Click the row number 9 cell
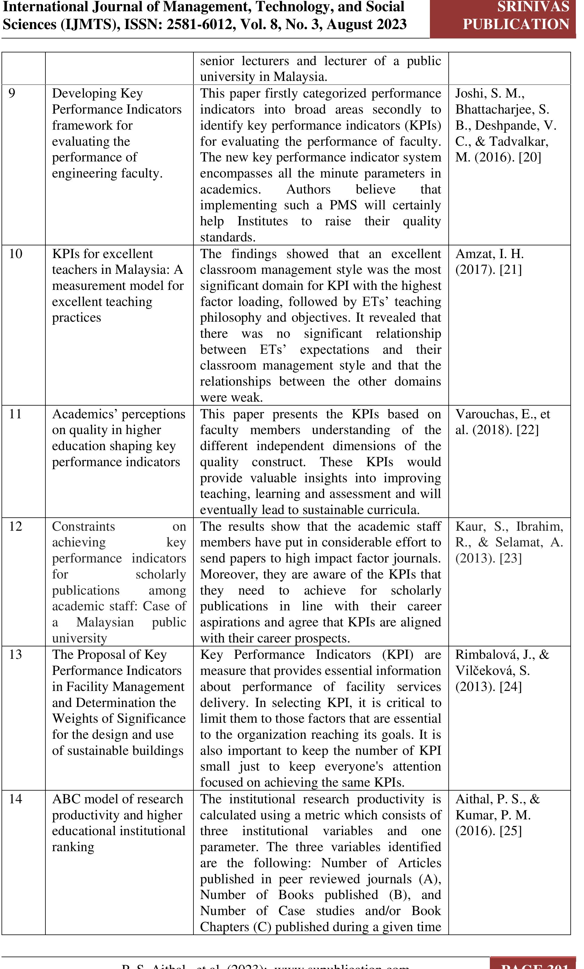(12, 94)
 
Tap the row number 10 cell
(15, 254)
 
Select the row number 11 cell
(15, 414)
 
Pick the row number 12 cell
(15, 526)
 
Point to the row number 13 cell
(15, 655)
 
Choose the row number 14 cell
(15, 799)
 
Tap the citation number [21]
(510, 270)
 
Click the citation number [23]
(510, 559)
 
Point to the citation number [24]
(510, 687)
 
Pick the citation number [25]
(510, 831)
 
